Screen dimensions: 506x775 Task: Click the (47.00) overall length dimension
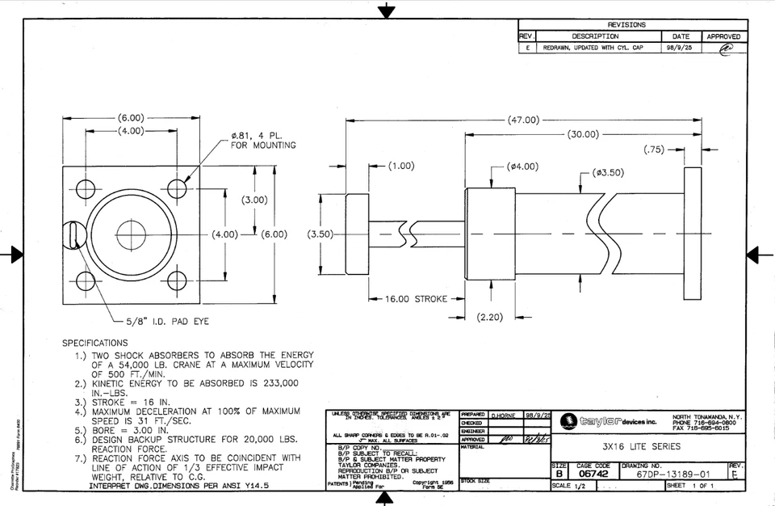click(x=523, y=120)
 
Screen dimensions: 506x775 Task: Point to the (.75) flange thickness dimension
click(x=655, y=150)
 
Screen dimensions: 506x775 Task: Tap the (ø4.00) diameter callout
click(x=522, y=167)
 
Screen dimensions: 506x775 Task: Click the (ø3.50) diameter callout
click(x=607, y=172)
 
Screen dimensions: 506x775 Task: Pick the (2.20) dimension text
click(x=490, y=317)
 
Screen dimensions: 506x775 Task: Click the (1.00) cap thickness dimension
click(x=400, y=166)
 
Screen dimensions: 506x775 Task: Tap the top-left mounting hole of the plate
click(x=84, y=190)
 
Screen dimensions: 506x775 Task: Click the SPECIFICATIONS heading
click(x=95, y=343)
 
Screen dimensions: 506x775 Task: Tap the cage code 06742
click(x=593, y=475)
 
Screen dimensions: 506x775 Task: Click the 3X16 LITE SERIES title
click(x=641, y=446)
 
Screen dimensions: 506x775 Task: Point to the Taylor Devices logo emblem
click(x=568, y=421)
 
